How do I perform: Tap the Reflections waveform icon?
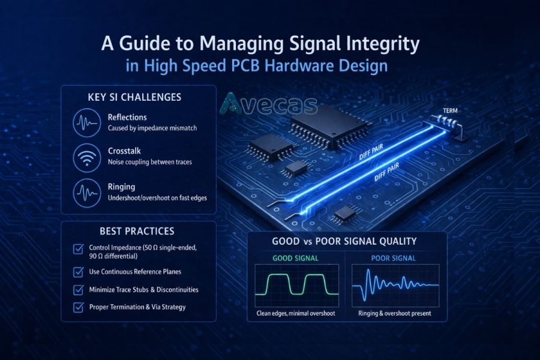[x=86, y=122]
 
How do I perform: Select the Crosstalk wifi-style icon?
[x=86, y=157]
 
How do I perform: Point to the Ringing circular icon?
[x=86, y=193]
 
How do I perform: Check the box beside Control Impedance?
[x=77, y=249]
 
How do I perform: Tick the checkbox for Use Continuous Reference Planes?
[x=77, y=272]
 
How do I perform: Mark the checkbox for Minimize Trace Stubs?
[x=77, y=290]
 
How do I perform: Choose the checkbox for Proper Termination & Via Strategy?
[x=77, y=307]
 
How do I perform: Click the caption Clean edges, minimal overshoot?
[x=296, y=313]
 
